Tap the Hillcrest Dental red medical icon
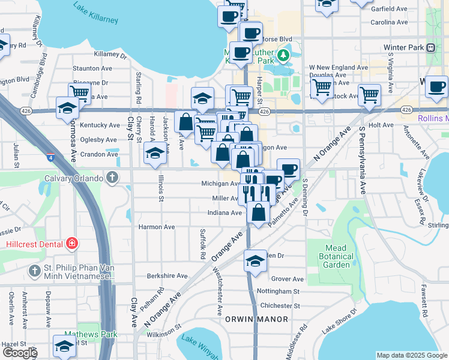72,244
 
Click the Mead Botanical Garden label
337,256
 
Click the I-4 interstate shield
49,158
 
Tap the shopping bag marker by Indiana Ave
258,213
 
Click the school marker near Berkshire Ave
256,261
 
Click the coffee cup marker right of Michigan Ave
289,169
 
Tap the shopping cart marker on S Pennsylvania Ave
369,94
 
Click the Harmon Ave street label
156,227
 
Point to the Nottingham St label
277,292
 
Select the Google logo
19,353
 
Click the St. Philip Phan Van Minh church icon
35,271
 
